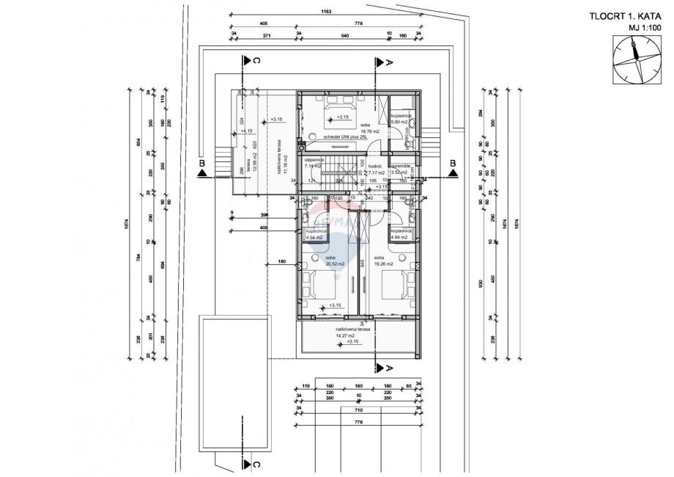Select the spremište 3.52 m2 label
402,170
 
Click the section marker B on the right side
453,163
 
